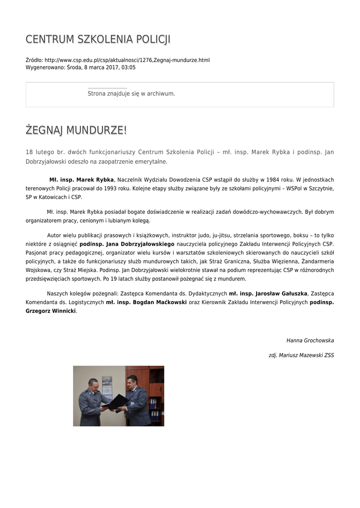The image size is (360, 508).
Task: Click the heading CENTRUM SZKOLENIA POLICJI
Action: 98,39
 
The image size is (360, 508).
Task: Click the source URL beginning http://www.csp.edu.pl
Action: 127,60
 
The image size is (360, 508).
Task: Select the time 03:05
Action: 128,67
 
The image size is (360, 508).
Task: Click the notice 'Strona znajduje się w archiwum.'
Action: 131,93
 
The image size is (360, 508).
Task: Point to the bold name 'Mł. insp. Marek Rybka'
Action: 81,179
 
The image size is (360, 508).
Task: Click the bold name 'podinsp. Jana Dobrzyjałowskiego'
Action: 127,244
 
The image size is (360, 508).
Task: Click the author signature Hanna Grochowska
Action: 310,340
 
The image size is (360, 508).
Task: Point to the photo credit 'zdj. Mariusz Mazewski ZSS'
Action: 301,355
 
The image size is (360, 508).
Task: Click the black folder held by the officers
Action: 116,401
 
